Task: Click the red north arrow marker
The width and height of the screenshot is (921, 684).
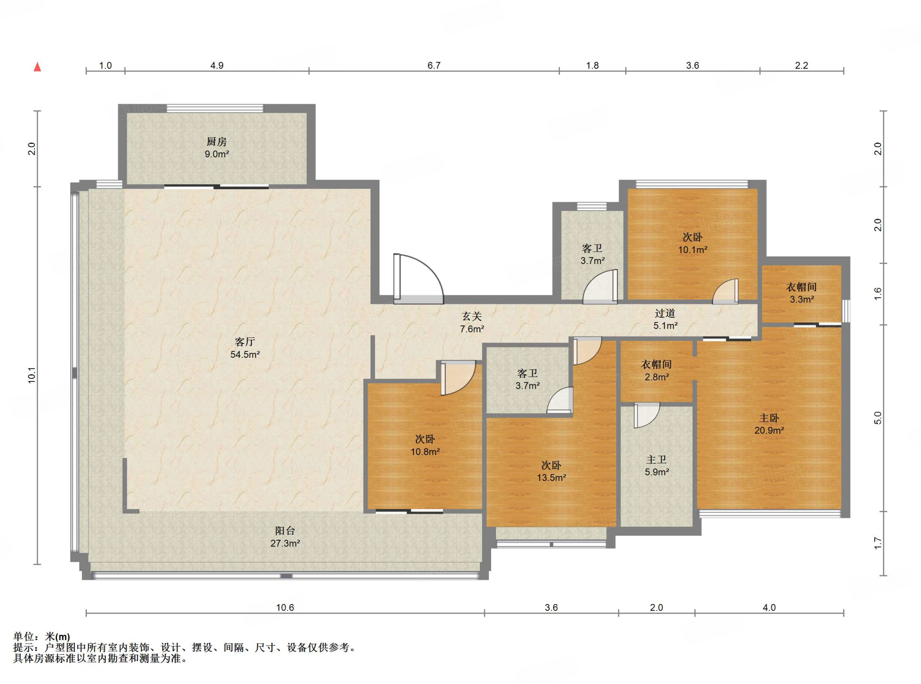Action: coord(38,67)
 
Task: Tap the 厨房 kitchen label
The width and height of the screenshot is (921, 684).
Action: coord(217,142)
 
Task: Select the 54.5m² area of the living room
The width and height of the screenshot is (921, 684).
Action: coord(245,355)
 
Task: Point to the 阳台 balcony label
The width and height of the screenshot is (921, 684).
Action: coord(285,531)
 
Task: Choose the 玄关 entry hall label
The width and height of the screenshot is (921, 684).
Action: coord(472,316)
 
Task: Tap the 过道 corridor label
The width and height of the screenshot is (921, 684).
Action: coord(665,313)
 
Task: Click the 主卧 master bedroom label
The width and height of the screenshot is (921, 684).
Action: coord(769,418)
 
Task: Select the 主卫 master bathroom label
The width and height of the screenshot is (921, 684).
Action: coord(657,460)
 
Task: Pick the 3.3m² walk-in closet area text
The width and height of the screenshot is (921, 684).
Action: coord(802,299)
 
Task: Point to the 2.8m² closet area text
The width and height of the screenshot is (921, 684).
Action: coord(657,377)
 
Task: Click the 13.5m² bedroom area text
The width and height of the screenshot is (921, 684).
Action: coord(551,478)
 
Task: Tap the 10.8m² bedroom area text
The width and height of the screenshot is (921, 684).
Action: coord(425,452)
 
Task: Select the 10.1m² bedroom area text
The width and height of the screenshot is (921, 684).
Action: coord(693,250)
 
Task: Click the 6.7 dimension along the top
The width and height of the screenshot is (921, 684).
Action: coord(434,66)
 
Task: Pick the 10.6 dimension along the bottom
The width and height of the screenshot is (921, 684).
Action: coord(285,608)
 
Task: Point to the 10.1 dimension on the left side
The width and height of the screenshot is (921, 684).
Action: coord(31,375)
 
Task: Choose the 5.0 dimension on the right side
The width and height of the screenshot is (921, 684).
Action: coord(878,418)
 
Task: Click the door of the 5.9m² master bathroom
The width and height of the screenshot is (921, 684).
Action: coord(646,415)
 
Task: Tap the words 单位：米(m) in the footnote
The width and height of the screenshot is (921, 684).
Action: coord(42,637)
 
